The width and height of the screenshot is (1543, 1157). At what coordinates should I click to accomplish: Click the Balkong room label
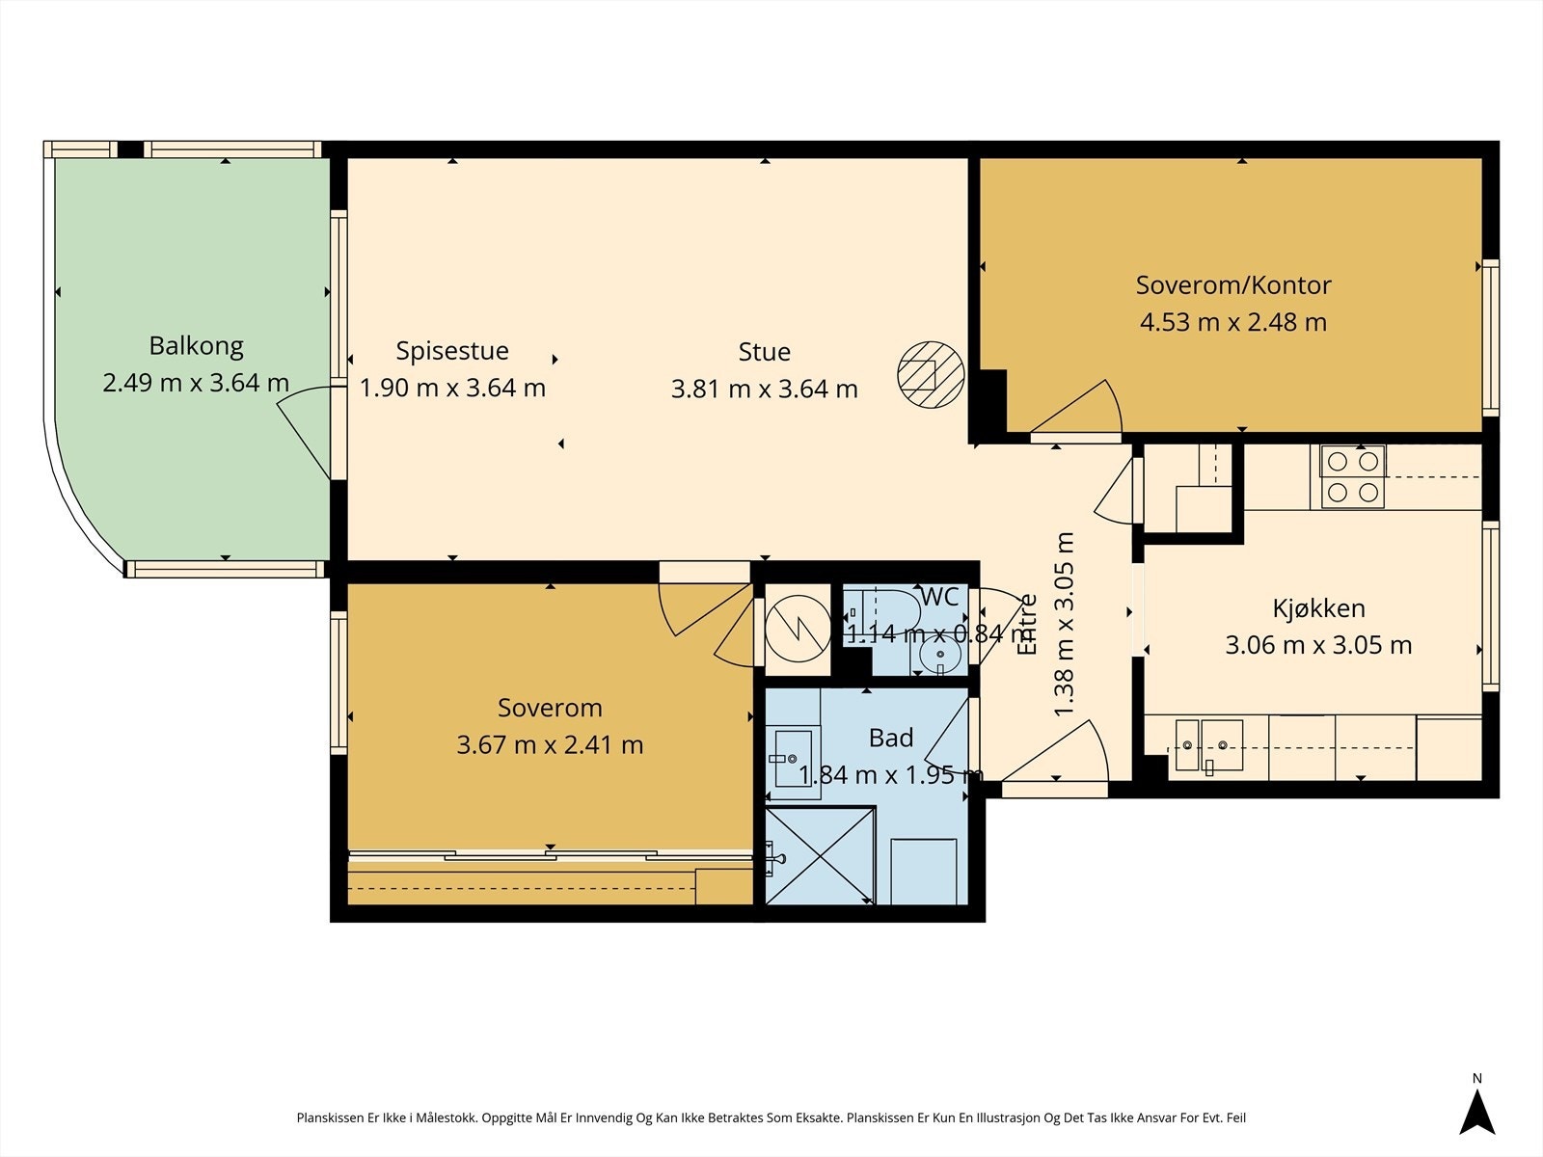pos(196,345)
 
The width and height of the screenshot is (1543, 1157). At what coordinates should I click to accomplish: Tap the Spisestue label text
pos(452,351)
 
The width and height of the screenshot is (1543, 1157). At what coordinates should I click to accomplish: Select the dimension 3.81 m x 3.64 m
pos(764,389)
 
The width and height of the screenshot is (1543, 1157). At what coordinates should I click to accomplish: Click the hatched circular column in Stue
pos(931,374)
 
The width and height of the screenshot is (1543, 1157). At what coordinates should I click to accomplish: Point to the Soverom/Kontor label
pos(1233,285)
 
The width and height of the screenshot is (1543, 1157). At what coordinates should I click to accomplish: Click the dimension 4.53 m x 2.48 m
pos(1233,322)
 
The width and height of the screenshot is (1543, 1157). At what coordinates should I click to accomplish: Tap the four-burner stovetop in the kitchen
pos(1352,476)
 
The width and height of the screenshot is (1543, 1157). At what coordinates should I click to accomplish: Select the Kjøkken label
pos(1318,608)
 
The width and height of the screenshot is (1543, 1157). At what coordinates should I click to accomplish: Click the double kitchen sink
pos(1209,744)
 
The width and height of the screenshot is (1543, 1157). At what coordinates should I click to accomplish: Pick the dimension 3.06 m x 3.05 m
pos(1318,645)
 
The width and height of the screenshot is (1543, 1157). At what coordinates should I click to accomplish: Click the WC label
pos(939,597)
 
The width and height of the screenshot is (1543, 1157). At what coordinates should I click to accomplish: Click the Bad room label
pos(891,738)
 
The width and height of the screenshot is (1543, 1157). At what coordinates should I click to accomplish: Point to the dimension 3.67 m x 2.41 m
pos(550,744)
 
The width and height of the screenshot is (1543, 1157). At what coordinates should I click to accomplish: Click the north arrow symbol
pos(1476,1115)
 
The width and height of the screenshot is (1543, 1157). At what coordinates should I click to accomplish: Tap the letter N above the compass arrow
pos(1476,1078)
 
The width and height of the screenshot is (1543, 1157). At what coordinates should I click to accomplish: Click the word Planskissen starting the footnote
pos(330,1117)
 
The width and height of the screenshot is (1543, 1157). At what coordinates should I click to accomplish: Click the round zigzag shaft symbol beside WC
pos(798,629)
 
